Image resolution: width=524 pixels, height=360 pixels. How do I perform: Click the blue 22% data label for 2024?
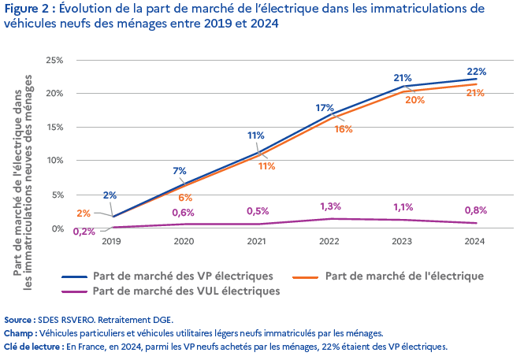point(476,71)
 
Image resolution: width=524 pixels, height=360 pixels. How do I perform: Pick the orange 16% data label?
point(343,128)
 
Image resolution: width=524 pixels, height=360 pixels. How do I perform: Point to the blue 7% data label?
point(179,171)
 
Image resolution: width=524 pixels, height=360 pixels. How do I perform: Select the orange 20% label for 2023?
point(414,100)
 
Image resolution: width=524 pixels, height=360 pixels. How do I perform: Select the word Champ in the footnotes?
point(19,333)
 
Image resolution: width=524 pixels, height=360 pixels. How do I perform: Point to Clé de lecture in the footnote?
point(31,346)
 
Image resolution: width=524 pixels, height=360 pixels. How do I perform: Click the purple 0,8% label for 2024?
point(475,210)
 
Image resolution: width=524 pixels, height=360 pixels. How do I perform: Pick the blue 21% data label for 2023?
point(403,78)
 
